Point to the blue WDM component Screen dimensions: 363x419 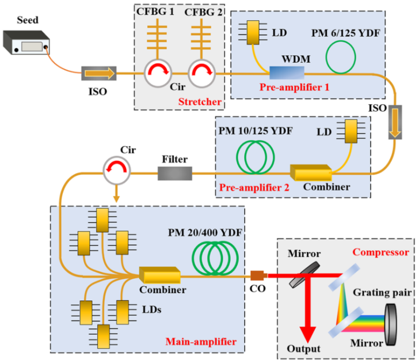point(286,74)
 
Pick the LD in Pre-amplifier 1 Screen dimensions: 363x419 point(254,33)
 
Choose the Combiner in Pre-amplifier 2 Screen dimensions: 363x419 point(311,172)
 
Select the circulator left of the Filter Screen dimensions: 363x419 point(117,169)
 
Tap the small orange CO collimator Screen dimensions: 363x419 point(257,276)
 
